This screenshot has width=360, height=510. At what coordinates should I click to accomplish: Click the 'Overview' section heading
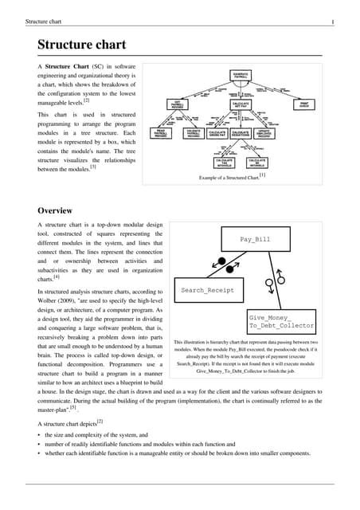(x=61, y=210)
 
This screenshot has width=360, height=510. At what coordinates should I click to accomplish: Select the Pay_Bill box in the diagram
(x=255, y=239)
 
